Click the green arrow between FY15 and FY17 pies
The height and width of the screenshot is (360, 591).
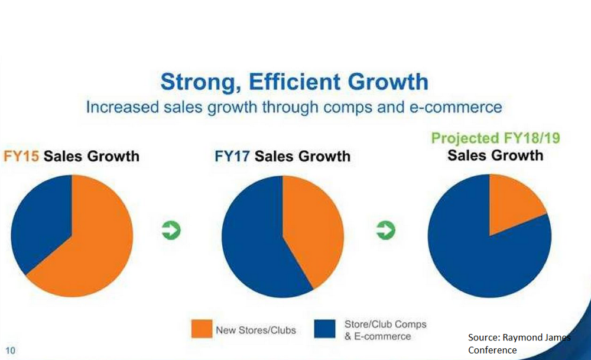(x=171, y=231)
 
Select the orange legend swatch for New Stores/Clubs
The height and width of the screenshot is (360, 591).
(x=200, y=330)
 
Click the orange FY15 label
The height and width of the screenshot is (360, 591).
(x=21, y=157)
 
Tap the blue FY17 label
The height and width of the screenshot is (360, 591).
(x=232, y=157)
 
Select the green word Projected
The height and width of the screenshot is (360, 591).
(x=465, y=139)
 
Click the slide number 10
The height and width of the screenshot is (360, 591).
(x=11, y=351)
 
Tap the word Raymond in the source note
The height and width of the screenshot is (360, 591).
(x=524, y=338)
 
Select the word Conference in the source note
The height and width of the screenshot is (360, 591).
(x=492, y=350)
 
